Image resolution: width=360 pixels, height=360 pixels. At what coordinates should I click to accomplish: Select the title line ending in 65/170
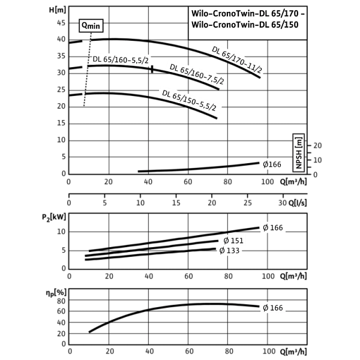coord(247,12)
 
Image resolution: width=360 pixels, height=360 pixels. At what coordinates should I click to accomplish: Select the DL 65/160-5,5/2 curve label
coord(120,60)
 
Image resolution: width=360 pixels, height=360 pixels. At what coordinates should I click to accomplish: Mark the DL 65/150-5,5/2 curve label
coord(189,100)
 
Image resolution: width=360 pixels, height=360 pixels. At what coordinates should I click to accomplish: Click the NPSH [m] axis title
coord(298,152)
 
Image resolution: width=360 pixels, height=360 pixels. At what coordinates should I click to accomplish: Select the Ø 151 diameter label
coord(233,240)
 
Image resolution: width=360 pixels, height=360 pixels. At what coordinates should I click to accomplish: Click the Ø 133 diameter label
coord(230,251)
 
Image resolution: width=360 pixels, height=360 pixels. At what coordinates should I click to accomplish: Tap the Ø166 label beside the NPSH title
coord(272,164)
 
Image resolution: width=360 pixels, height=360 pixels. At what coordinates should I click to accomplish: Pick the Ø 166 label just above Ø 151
coord(272,227)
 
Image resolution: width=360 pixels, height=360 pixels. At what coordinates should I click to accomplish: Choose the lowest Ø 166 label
coord(272,308)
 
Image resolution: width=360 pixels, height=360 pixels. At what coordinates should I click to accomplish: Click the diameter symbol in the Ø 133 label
coord(222,251)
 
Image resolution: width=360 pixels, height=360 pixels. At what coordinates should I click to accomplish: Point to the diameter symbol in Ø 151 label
coord(226,240)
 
